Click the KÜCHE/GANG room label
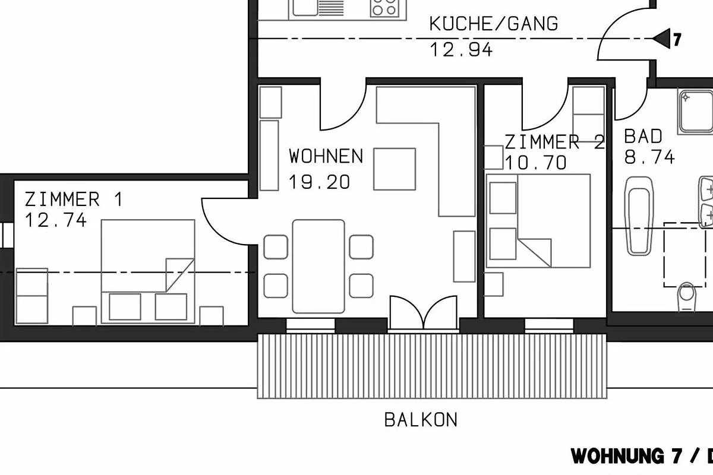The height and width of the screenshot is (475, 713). pyautogui.click(x=494, y=24)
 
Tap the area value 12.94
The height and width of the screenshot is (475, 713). pyautogui.click(x=461, y=50)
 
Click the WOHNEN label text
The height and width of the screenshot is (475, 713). pyautogui.click(x=326, y=156)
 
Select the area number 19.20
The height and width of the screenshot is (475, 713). pyautogui.click(x=319, y=182)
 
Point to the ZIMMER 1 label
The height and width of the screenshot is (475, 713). pyautogui.click(x=74, y=199)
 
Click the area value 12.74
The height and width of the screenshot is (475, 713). pyautogui.click(x=55, y=220)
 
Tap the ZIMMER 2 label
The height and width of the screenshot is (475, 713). pyautogui.click(x=554, y=142)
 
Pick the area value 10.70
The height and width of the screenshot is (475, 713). pyautogui.click(x=536, y=163)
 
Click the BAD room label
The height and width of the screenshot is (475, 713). pyautogui.click(x=643, y=137)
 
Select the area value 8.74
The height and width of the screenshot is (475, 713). pyautogui.click(x=649, y=157)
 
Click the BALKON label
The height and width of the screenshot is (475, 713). pyautogui.click(x=421, y=420)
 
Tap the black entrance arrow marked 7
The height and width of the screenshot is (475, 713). pyautogui.click(x=662, y=39)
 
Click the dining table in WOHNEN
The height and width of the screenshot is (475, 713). pyautogui.click(x=318, y=266)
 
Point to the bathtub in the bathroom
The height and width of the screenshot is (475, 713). pyautogui.click(x=639, y=216)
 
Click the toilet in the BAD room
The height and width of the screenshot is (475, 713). pyautogui.click(x=687, y=297)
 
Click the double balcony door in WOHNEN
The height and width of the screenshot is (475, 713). pyautogui.click(x=423, y=313)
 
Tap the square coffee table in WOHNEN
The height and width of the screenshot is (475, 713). pyautogui.click(x=395, y=169)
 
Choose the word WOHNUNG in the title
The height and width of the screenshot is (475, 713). pyautogui.click(x=617, y=456)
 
